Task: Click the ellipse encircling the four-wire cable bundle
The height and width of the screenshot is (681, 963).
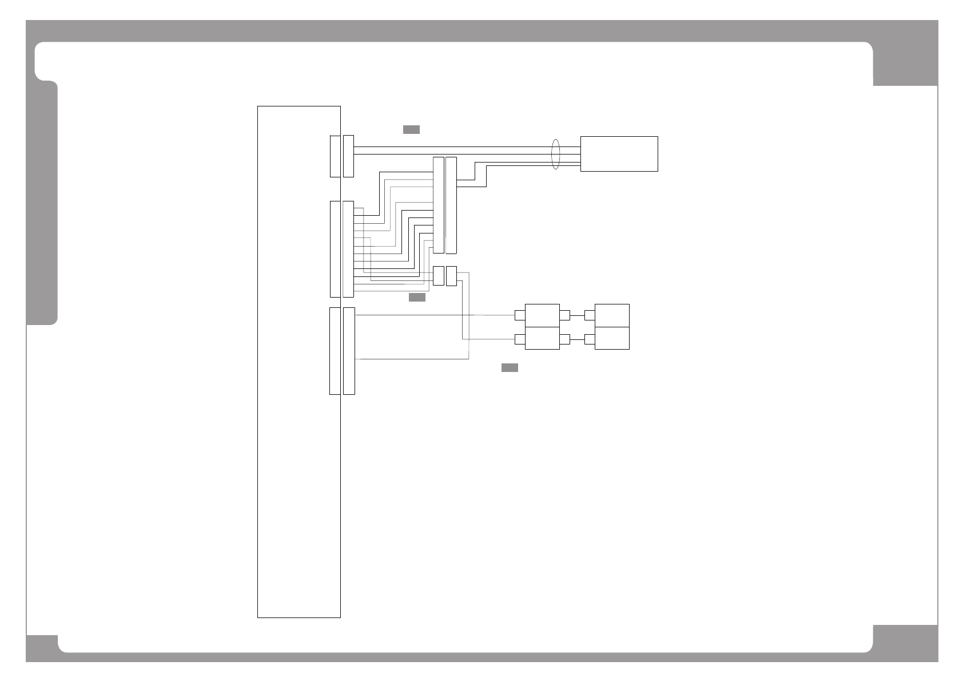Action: [555, 153]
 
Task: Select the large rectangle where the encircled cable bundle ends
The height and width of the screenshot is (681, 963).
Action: [619, 153]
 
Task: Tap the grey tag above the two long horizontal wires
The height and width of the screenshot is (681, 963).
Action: [411, 129]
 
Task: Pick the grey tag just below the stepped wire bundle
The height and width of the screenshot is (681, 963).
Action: [417, 298]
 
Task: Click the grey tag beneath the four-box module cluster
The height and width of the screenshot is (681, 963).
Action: [510, 367]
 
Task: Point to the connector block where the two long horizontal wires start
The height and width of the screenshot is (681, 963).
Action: [348, 156]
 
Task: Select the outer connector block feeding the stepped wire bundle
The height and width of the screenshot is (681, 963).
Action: [348, 249]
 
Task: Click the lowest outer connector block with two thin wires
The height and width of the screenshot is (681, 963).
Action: [349, 351]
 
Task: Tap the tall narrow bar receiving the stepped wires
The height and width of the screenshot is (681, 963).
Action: [439, 205]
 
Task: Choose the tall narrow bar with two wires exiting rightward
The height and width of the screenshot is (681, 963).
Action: [451, 205]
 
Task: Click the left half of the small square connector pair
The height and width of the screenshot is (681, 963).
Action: [439, 276]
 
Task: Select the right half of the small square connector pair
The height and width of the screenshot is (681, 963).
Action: [451, 276]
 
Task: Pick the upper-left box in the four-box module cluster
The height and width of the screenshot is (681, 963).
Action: [542, 315]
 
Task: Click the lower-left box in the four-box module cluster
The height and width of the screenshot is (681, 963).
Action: [542, 338]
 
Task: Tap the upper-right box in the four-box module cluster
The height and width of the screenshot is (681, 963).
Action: [612, 315]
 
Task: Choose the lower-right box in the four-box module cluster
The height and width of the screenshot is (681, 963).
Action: [612, 338]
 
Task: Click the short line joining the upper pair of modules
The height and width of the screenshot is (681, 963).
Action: [577, 315]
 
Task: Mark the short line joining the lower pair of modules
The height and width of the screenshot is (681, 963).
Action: [577, 339]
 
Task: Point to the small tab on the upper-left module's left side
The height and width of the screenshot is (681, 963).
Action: [520, 315]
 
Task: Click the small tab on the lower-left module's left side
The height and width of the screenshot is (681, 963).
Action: [520, 339]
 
